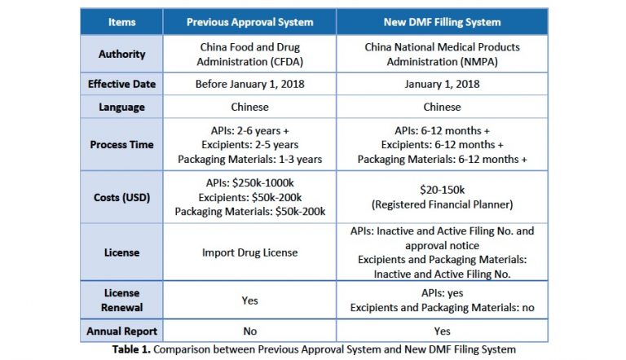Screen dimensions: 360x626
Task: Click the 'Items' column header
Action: pos(121,22)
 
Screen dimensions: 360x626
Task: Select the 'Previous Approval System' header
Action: pos(249,22)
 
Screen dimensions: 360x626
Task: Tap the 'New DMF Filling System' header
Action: pos(442,22)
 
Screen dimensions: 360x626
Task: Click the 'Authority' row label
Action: pos(121,54)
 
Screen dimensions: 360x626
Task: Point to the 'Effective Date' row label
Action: pos(121,84)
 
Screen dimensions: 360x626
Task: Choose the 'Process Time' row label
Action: pos(121,144)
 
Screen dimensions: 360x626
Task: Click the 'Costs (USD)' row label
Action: pos(121,197)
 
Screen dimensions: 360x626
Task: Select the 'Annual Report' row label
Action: pos(121,331)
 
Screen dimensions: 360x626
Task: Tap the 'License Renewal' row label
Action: pos(121,300)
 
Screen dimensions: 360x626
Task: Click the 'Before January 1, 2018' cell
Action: pos(249,84)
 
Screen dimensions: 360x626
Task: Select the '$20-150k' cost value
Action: pos(442,189)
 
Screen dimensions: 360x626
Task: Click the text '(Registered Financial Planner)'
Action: pos(442,204)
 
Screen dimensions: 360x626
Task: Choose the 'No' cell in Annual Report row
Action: pos(249,331)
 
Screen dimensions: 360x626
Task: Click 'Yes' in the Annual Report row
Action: pos(442,331)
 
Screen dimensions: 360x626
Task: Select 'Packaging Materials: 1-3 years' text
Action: pos(249,160)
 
